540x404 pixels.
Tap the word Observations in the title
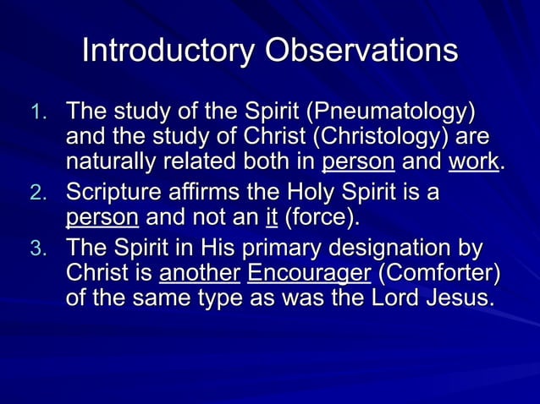tap(361, 51)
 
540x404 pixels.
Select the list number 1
tap(41, 113)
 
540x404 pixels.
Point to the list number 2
tap(41, 196)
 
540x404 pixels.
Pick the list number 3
tap(41, 251)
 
